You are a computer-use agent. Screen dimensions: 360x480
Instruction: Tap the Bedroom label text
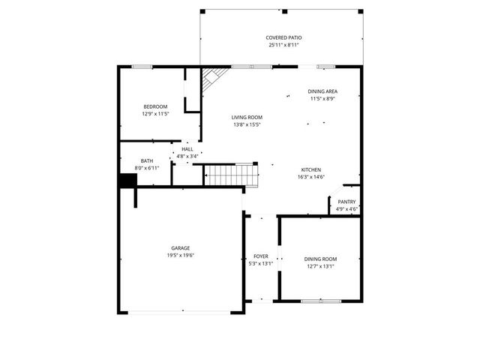click(x=155, y=106)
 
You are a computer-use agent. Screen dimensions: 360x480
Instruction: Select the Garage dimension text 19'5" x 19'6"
click(x=180, y=255)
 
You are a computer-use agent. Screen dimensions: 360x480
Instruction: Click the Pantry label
click(x=346, y=201)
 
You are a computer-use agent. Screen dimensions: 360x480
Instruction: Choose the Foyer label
click(x=260, y=256)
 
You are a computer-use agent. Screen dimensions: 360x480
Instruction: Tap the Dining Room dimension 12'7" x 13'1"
click(x=320, y=265)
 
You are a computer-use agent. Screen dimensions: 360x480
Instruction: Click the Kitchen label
click(x=312, y=169)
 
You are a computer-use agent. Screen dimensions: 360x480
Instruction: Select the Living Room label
click(x=246, y=117)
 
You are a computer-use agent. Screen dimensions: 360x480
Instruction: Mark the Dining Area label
click(x=322, y=91)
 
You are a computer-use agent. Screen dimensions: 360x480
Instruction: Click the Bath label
click(x=147, y=161)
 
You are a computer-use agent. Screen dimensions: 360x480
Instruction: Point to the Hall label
click(x=187, y=149)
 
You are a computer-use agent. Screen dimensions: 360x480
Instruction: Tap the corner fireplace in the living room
click(x=213, y=78)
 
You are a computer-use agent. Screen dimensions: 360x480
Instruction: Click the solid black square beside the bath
click(x=127, y=182)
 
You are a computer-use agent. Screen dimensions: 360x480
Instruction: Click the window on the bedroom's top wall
click(x=142, y=67)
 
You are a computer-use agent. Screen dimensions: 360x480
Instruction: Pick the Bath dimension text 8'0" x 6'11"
click(x=147, y=169)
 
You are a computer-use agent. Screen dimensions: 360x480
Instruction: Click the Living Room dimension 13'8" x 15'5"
click(x=246, y=124)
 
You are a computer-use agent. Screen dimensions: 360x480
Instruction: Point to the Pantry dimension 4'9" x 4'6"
click(x=346, y=208)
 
